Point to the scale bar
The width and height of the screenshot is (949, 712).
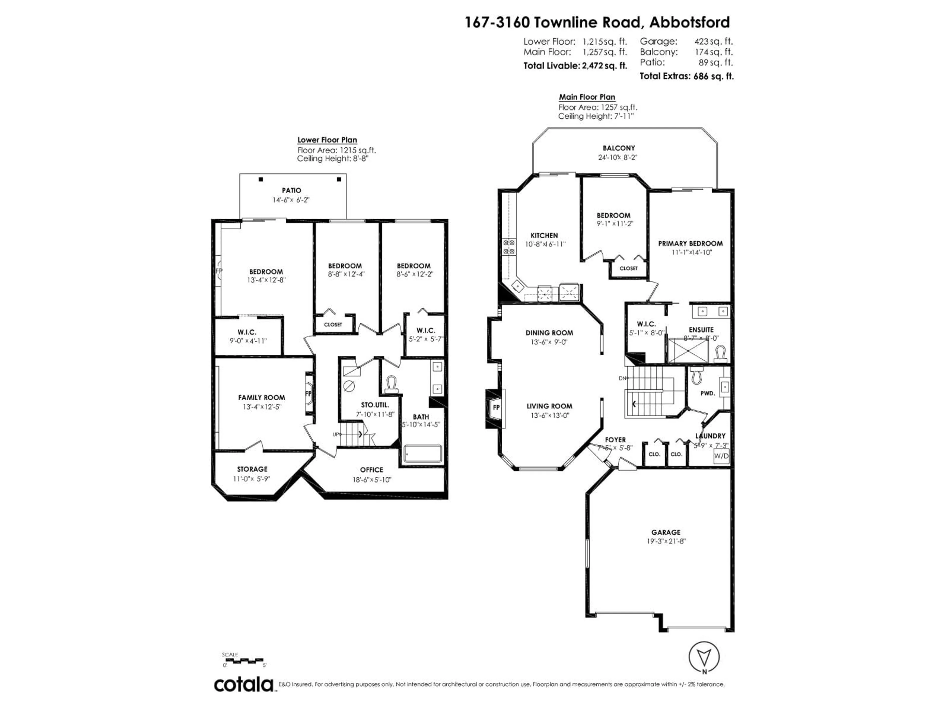[243, 660]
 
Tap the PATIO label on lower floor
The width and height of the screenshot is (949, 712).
[291, 190]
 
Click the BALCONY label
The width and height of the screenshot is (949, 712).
[618, 148]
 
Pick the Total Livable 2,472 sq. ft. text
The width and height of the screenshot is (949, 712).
[575, 66]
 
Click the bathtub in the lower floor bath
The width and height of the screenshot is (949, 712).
[423, 454]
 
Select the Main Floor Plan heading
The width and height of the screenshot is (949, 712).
[587, 97]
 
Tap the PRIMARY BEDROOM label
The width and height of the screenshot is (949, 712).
[690, 243]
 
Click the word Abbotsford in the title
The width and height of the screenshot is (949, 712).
[689, 22]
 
